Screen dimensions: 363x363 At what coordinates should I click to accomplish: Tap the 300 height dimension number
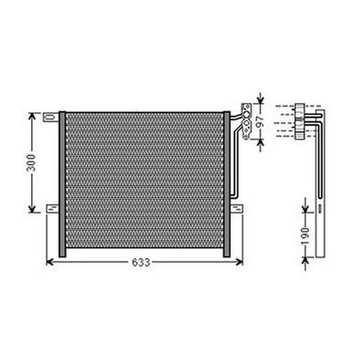[32, 163]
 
